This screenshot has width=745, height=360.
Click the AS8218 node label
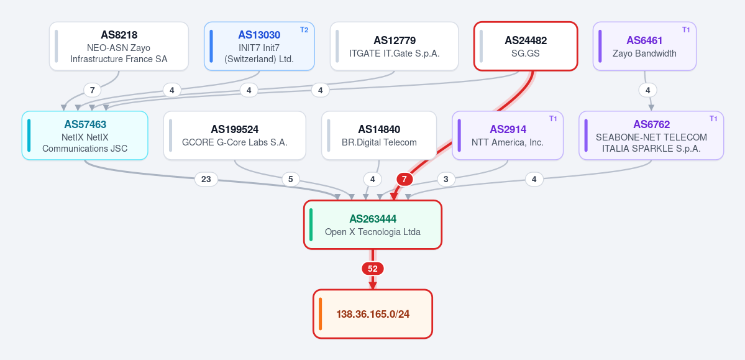tap(119, 35)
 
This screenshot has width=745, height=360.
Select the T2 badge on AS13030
tap(304, 30)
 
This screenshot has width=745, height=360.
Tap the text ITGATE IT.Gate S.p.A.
tap(395, 53)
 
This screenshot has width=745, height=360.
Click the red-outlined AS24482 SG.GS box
tap(526, 46)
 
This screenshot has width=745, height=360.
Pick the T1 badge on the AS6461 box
tap(686, 30)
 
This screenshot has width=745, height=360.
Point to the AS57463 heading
tap(85, 124)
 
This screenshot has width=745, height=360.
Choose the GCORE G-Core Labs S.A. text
tap(235, 142)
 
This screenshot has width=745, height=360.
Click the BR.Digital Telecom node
tap(379, 136)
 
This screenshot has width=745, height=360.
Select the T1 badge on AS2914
tap(553, 119)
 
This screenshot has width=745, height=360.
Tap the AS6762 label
tap(651, 124)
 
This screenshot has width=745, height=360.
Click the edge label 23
tap(206, 179)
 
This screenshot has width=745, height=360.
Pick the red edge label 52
tap(373, 269)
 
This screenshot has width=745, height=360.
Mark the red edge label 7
tap(404, 179)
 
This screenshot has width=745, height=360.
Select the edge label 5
tap(291, 179)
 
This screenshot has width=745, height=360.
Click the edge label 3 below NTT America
tap(446, 179)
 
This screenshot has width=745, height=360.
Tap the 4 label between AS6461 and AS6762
tap(647, 90)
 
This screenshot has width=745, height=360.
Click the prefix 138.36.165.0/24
tap(373, 314)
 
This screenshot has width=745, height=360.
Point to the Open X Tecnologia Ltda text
tap(373, 232)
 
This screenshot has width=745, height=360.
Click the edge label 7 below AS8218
tap(92, 90)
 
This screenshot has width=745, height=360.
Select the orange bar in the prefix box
tap(320, 314)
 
